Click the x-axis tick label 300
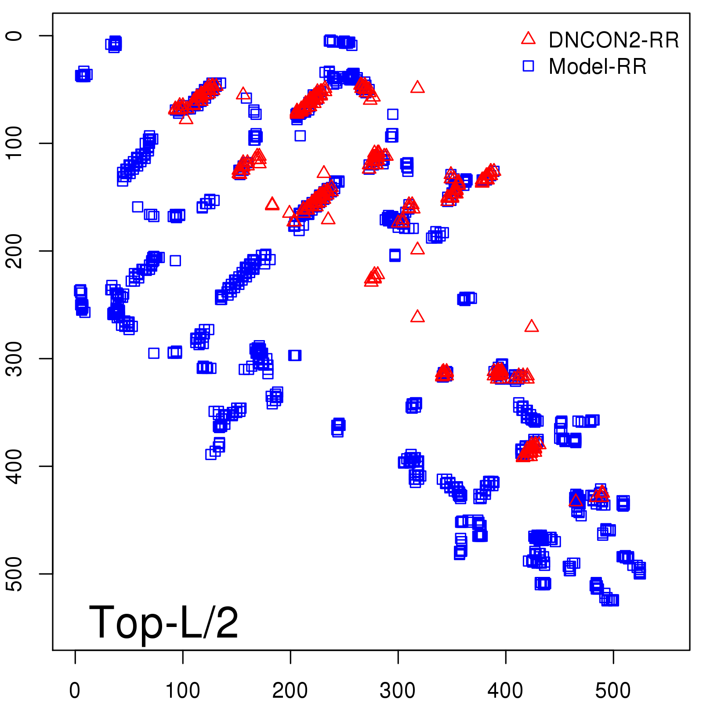coord(398,691)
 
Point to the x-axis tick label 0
coord(75,691)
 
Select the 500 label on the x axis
coord(613,691)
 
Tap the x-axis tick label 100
coord(182,691)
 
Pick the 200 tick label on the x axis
coord(290,691)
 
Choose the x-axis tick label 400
coord(505,691)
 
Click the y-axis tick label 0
coord(14,36)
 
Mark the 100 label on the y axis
coord(14,143)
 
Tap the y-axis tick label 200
coord(14,251)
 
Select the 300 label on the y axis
coord(14,359)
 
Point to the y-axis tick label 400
coord(14,466)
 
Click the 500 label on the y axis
coord(14,574)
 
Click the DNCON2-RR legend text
coord(614,40)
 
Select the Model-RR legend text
coord(598,67)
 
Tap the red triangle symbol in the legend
coord(528,39)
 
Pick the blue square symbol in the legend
coord(528,66)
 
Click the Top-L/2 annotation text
coord(163,623)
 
